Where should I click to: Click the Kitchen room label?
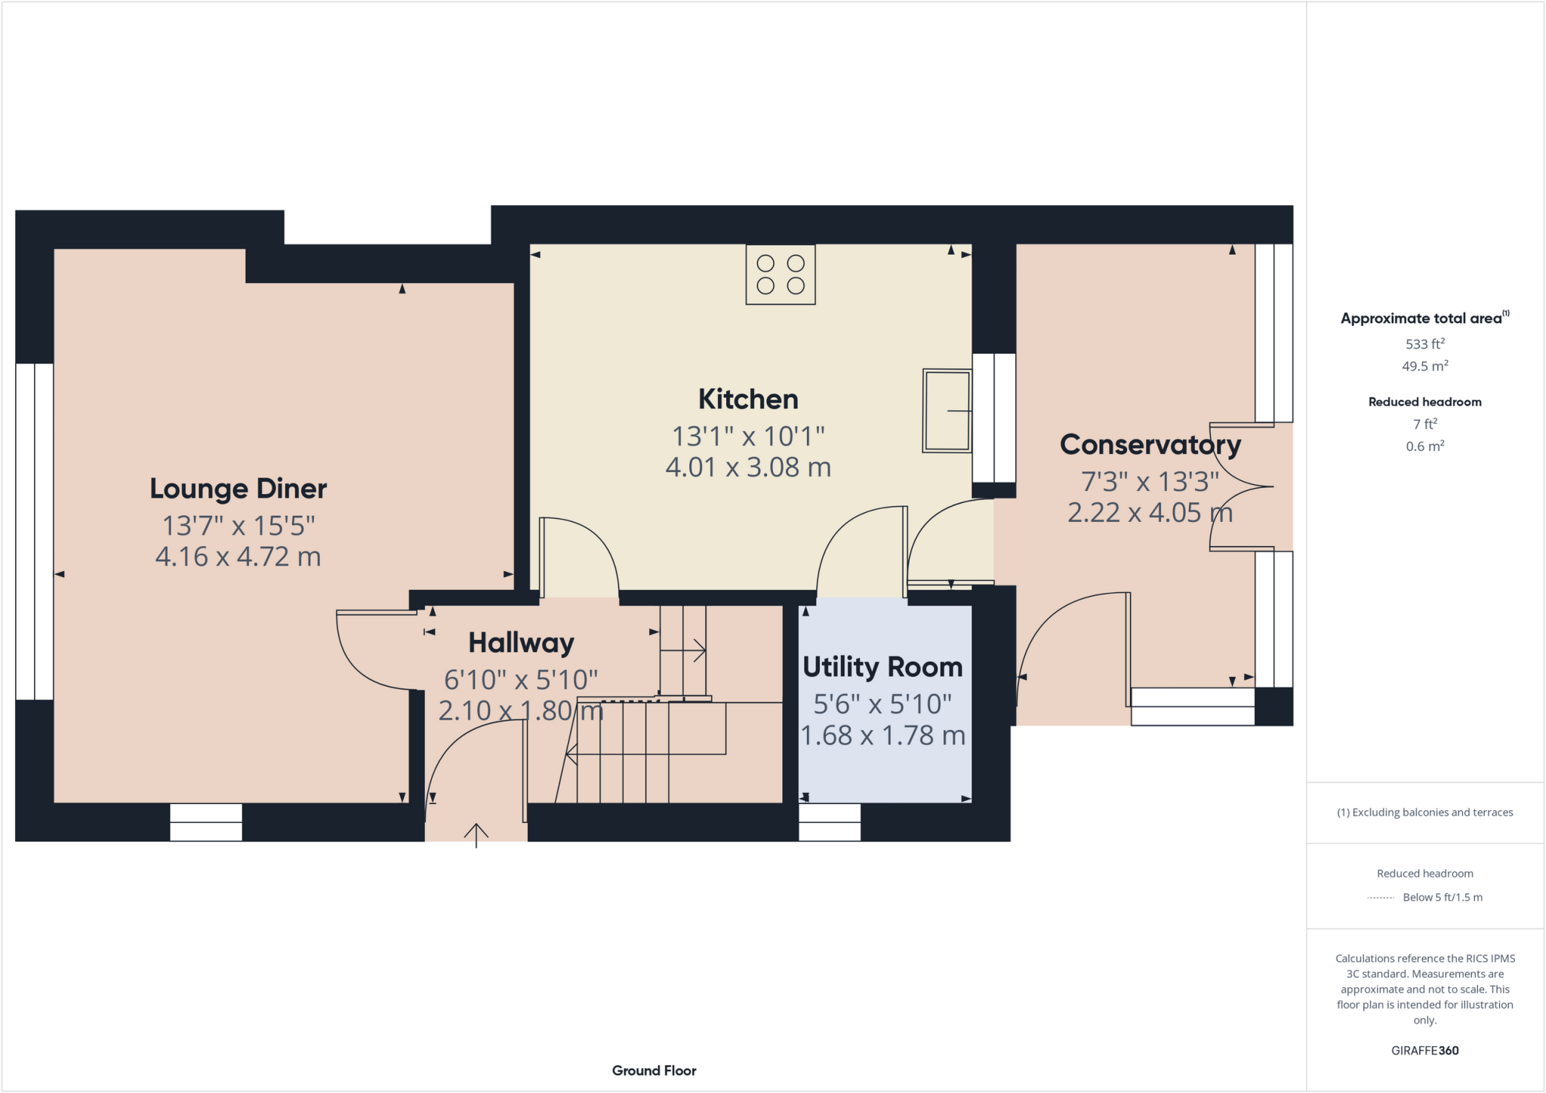[x=747, y=399]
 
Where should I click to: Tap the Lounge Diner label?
[x=238, y=489]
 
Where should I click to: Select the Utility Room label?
[x=882, y=667]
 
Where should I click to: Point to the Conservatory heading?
[x=1150, y=444]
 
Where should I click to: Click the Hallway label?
[x=521, y=643]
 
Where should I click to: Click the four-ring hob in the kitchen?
[x=780, y=275]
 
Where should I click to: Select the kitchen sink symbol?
[x=947, y=410]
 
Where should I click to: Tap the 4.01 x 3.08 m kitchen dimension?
[x=747, y=468]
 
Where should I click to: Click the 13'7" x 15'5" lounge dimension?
[x=238, y=526]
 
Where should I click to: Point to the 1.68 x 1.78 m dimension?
[x=882, y=735]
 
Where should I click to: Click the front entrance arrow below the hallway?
[x=476, y=834]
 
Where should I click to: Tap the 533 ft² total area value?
[x=1424, y=344]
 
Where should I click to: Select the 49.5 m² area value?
[x=1424, y=367]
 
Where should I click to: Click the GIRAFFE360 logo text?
[x=1424, y=1050]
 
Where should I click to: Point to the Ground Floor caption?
[x=654, y=1070]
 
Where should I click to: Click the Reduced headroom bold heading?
[x=1424, y=402]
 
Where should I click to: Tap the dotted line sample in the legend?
[x=1381, y=898]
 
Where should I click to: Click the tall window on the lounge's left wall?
[x=34, y=532]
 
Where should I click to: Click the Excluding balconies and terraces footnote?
[x=1424, y=812]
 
